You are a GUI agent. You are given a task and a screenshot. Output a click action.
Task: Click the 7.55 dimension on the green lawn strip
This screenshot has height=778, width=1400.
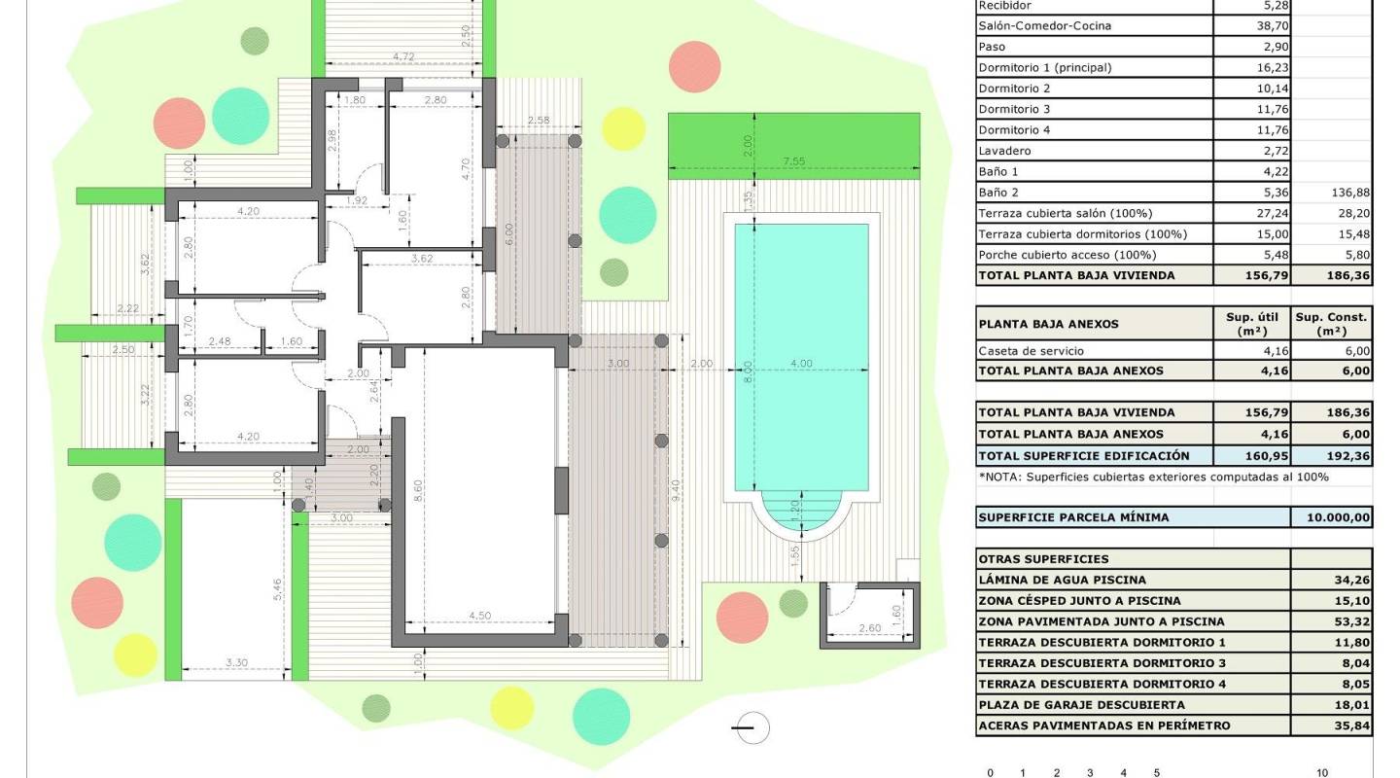coord(794,161)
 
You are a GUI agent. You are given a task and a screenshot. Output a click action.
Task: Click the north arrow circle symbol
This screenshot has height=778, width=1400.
coord(752,727)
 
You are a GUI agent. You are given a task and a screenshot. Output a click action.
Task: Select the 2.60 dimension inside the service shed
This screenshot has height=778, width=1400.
coord(870,629)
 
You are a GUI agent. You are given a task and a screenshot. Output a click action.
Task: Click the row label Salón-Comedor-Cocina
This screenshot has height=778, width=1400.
coord(1044,25)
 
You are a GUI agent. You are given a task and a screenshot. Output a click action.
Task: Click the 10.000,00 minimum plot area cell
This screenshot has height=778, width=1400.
coord(1331,517)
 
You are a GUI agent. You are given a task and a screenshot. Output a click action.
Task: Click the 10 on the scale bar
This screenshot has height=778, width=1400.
coord(1321,773)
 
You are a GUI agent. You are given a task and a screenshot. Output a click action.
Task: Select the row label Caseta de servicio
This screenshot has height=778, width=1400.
coord(1031,351)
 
